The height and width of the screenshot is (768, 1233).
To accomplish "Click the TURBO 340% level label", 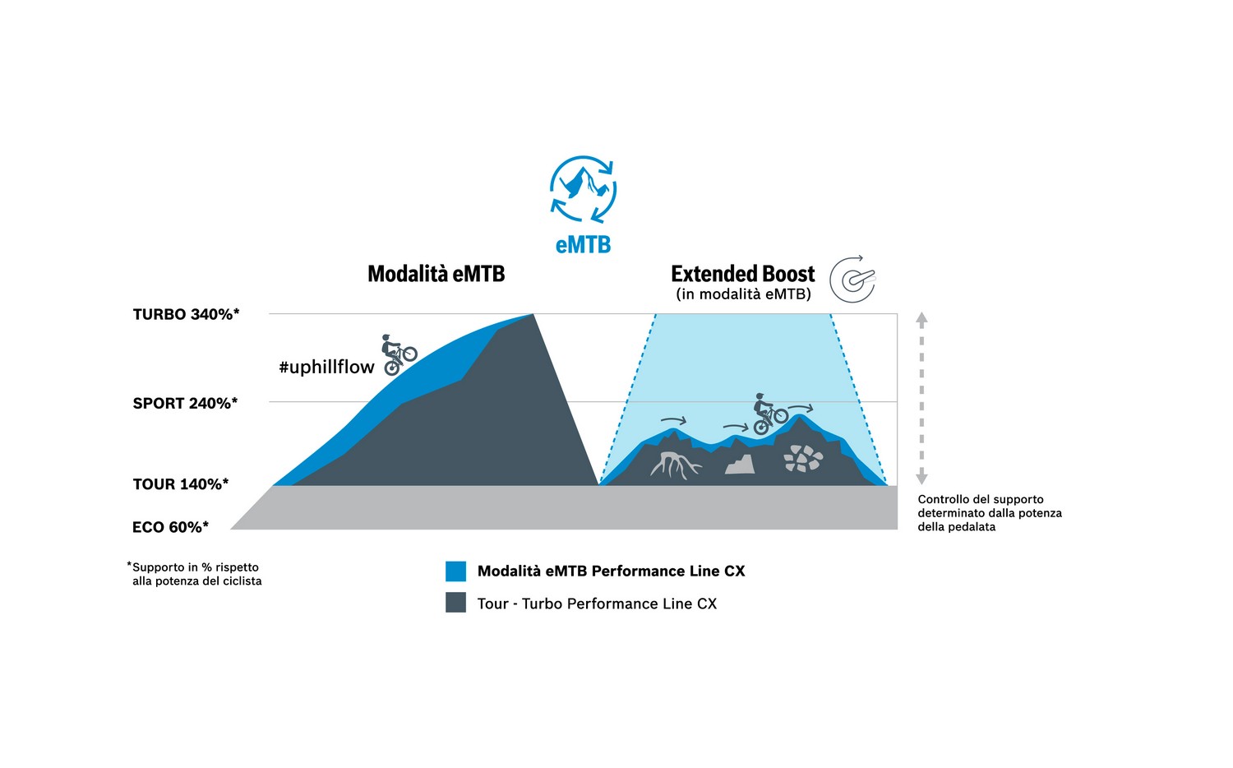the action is tap(186, 314).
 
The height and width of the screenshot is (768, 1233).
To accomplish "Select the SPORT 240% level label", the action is tap(185, 404).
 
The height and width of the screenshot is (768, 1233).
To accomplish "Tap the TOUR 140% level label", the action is tap(181, 484).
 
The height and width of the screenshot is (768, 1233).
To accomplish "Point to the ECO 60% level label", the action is tap(171, 527).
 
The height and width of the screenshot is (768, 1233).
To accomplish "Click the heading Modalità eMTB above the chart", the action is tap(436, 274).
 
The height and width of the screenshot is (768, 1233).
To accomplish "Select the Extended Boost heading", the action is tap(742, 274).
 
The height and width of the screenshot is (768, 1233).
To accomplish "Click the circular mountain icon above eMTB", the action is tap(583, 189).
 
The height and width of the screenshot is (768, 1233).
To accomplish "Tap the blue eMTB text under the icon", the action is tap(583, 245).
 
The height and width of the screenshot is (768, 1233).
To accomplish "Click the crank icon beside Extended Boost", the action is tap(852, 279).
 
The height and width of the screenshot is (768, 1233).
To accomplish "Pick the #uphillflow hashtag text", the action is tap(326, 367).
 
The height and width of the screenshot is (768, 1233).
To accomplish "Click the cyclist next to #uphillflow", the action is tap(399, 354).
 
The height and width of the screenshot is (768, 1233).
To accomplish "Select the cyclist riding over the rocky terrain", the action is tap(770, 414).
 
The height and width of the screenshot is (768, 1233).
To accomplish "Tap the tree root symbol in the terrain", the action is tap(676, 465).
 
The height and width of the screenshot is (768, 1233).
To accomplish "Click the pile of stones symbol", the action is tap(802, 459).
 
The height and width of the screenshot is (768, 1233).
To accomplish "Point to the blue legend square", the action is tap(455, 571).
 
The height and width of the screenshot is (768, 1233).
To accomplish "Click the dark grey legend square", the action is tap(455, 602).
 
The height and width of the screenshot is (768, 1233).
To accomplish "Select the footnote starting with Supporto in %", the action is tap(195, 574).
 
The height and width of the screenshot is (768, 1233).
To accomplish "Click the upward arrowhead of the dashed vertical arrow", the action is tap(922, 318).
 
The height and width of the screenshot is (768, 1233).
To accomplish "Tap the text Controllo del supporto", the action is tap(981, 499).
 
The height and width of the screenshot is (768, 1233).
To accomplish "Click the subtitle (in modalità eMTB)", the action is tap(744, 294).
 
